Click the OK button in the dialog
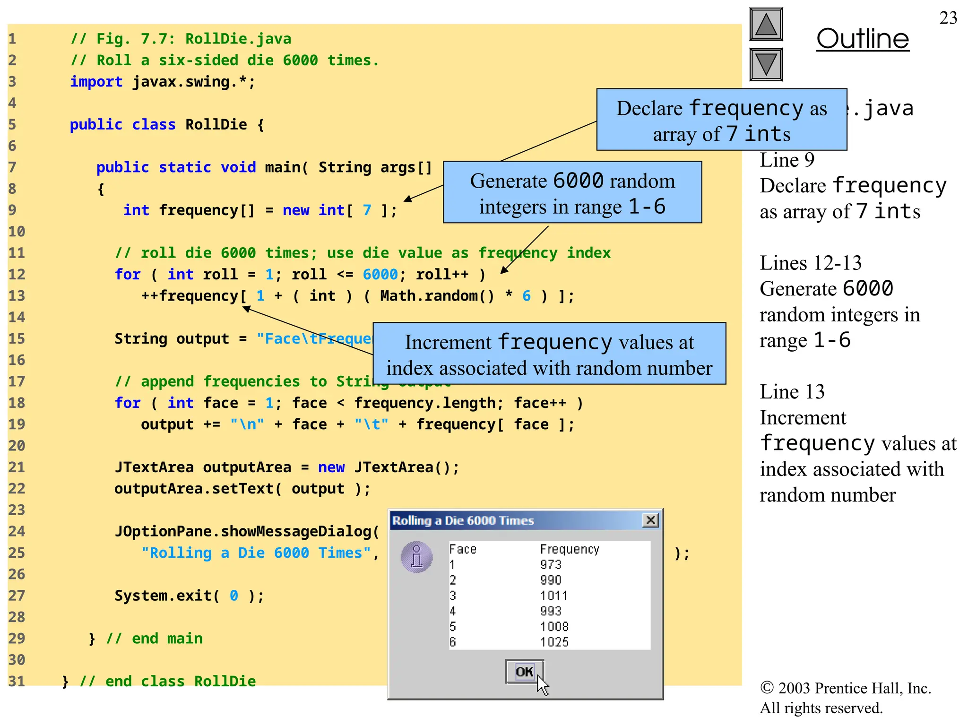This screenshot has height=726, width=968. [524, 672]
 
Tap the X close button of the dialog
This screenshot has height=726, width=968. [650, 520]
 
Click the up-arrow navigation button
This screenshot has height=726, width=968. [766, 25]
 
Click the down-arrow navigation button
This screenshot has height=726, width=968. [766, 65]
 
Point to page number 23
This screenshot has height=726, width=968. [948, 18]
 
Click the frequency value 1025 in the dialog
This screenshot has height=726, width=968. [554, 642]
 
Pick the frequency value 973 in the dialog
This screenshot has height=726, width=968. [551, 565]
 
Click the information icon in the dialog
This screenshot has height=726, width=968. [416, 557]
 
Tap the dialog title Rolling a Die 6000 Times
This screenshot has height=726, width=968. [463, 520]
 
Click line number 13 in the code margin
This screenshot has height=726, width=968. [17, 296]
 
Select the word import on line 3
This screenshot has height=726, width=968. [96, 82]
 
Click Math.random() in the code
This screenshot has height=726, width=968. [437, 296]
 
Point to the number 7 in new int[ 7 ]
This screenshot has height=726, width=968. [367, 210]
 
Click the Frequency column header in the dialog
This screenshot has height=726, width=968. [569, 549]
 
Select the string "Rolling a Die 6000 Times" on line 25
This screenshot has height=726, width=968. [256, 553]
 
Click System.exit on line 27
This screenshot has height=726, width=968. [163, 596]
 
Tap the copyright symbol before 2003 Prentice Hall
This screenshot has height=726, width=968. [766, 688]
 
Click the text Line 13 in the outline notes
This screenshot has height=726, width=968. [792, 392]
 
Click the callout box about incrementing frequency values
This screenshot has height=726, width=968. [549, 354]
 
